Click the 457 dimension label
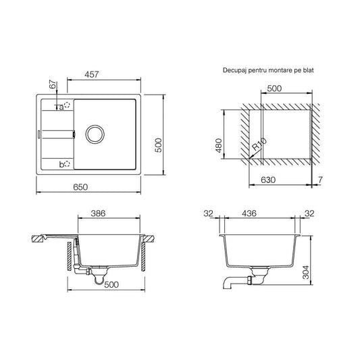pos(92,74)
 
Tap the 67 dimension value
pos(53,84)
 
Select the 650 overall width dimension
pos(80,187)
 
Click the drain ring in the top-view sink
pos(95,134)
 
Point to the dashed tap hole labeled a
pos(67,105)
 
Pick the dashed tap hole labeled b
pos(67,164)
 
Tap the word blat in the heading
pos(308,70)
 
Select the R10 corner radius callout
pos(259,145)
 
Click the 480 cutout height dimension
pos(219,146)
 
